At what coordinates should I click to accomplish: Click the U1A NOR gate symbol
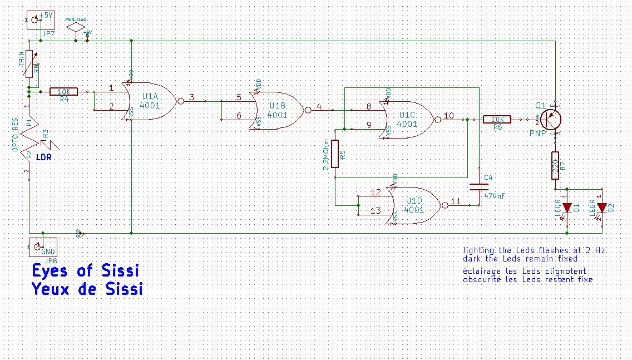click(150, 101)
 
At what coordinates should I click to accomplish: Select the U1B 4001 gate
click(278, 110)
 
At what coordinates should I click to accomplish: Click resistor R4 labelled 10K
click(64, 92)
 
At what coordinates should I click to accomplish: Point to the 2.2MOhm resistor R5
click(335, 154)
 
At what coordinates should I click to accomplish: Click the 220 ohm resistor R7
click(555, 166)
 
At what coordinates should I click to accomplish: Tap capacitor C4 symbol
click(477, 186)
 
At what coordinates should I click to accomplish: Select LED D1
click(567, 208)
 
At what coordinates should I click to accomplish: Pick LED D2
click(601, 209)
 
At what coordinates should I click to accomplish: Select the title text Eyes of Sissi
click(85, 270)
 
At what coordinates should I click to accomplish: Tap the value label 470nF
click(495, 196)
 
